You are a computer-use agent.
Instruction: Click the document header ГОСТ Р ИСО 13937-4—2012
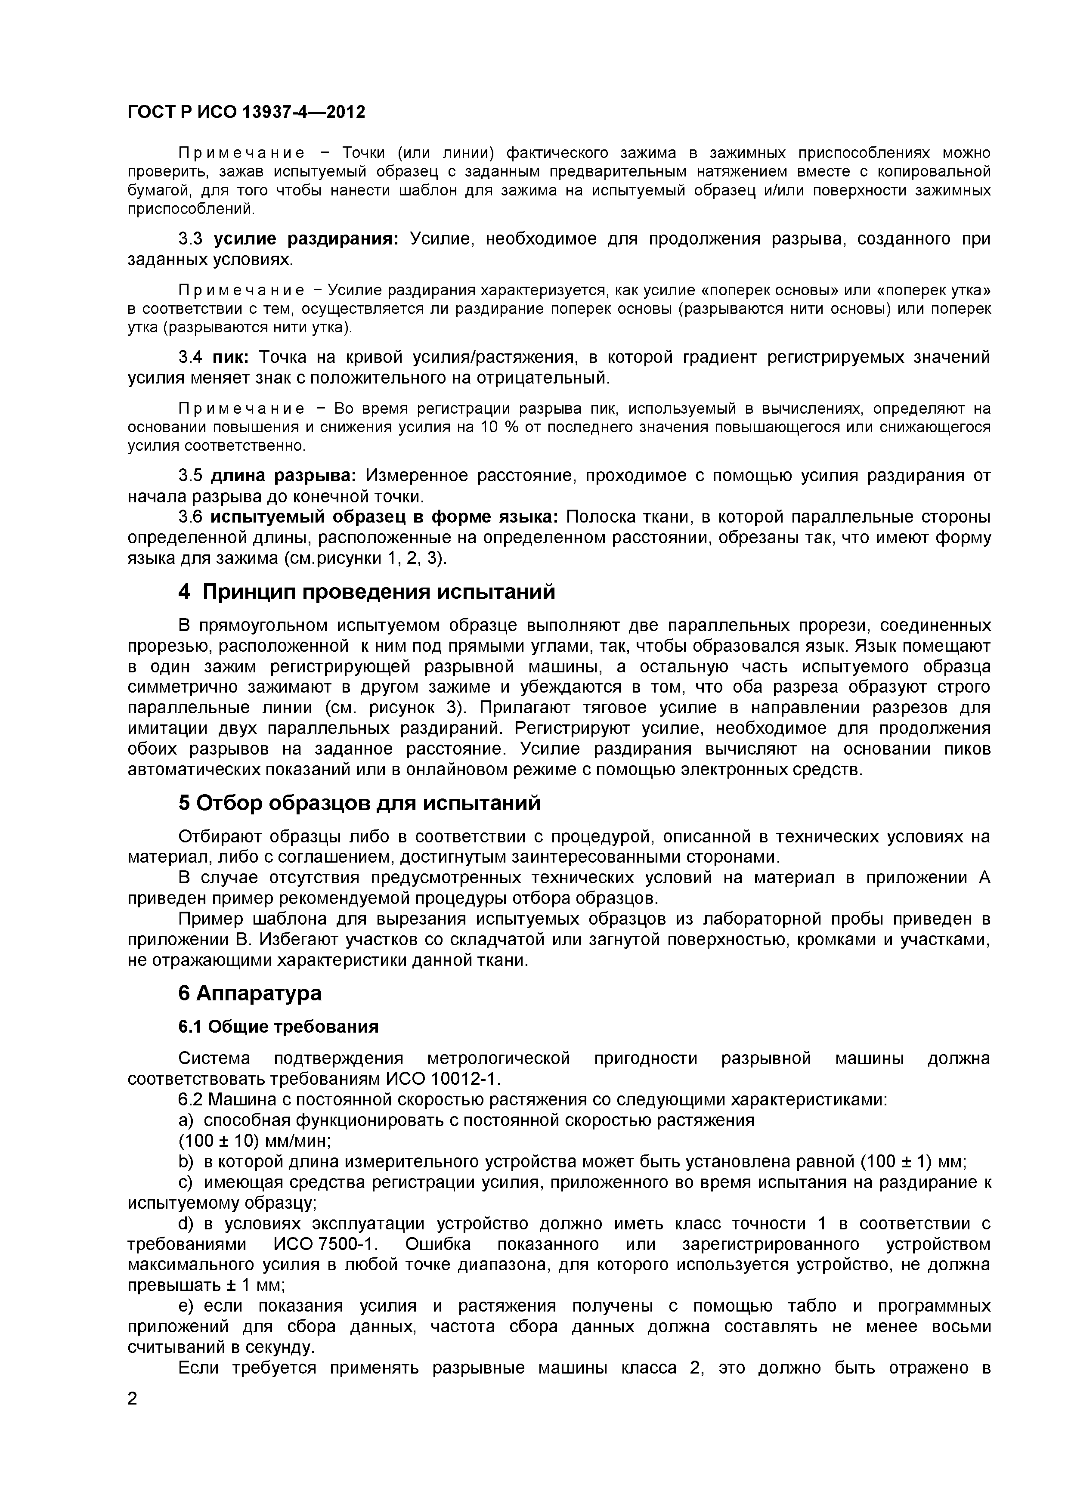click(246, 112)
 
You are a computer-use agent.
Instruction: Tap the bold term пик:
click(230, 357)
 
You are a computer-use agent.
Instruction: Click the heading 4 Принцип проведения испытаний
click(366, 592)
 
